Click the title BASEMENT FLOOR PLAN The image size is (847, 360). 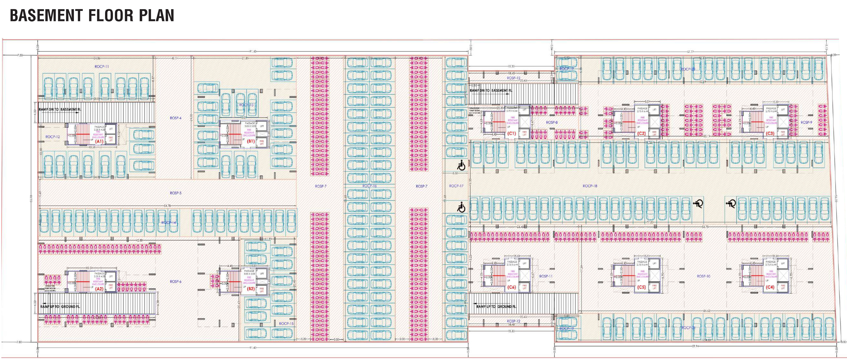[92, 15]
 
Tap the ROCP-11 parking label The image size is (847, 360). [102, 66]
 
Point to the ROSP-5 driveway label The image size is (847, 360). [176, 193]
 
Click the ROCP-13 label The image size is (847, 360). [246, 105]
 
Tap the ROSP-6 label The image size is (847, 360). [176, 281]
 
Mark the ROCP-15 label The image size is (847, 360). [286, 324]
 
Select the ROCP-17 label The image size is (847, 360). [456, 186]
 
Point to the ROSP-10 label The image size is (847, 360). [704, 276]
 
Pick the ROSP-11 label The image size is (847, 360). [546, 276]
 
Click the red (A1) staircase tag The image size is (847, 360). [99, 141]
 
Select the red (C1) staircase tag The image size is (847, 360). [511, 134]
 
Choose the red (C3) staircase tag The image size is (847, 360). [770, 134]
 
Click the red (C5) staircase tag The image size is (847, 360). [641, 287]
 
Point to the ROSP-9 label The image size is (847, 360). [806, 122]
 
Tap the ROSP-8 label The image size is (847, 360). [552, 122]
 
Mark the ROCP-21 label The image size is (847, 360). [688, 328]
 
